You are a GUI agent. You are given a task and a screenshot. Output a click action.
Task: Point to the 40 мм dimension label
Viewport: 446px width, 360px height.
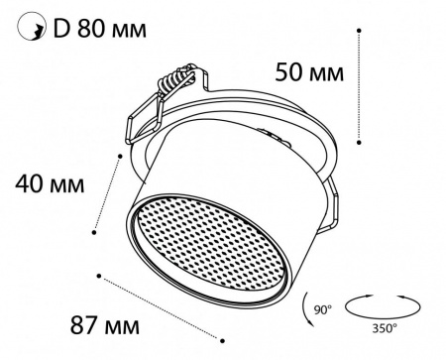pos(48,184)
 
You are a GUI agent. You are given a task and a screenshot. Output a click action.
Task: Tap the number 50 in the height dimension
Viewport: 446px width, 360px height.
pos(287,72)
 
